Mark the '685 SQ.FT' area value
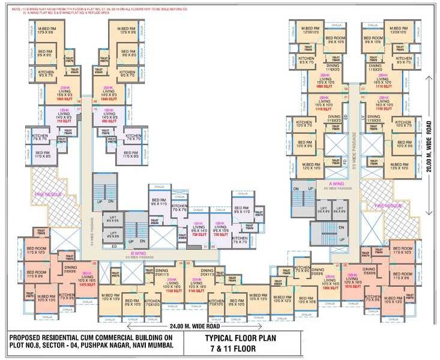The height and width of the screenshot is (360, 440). (109, 121)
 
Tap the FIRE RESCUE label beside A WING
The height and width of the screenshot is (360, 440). (384, 205)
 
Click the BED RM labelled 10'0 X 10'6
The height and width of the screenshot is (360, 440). (307, 298)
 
